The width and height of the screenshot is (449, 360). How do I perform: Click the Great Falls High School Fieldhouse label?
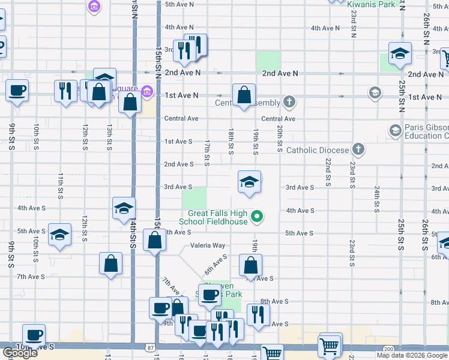coord(217,217)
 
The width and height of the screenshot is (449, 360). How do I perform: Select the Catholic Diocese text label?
coord(318,149)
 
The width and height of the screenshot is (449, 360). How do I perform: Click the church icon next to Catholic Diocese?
coord(358,149)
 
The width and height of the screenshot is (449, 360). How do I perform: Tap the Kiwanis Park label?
coord(372,4)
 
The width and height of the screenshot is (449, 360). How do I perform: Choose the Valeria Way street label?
coord(208,245)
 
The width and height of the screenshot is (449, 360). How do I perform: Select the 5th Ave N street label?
coord(179,4)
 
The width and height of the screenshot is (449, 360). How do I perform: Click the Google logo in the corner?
coord(20,353)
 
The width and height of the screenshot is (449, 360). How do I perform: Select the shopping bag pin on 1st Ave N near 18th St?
coord(244,95)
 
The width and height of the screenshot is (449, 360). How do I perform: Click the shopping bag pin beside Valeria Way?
coord(155,240)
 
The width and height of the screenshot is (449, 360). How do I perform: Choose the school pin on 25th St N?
coord(399,54)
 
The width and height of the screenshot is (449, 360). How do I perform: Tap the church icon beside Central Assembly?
coord(290,102)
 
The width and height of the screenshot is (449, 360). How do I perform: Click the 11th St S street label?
coord(61,186)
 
